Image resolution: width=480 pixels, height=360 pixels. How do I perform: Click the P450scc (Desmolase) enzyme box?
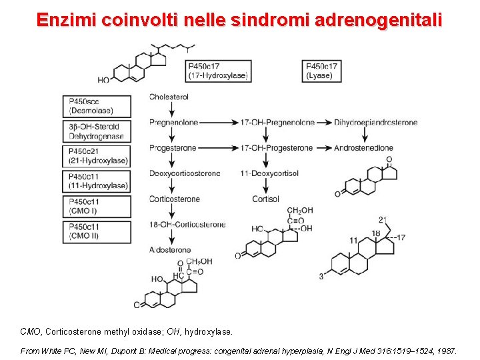[99, 105]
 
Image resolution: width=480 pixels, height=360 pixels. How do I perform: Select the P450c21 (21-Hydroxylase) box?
[99, 156]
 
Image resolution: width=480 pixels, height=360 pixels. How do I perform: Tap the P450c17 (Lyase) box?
[322, 71]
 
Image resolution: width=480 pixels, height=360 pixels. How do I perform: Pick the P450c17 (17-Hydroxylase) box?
[218, 71]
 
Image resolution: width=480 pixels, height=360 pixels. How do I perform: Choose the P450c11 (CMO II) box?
[99, 231]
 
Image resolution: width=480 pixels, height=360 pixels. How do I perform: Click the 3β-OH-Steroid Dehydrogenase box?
[99, 131]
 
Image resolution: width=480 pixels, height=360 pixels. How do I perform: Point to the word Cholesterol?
[169, 97]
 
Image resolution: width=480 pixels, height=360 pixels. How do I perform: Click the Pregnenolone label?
[172, 123]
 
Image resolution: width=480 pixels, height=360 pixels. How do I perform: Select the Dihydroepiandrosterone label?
[376, 123]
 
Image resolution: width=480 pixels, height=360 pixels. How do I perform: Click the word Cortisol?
[265, 199]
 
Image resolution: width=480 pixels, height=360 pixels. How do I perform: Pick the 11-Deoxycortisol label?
[269, 173]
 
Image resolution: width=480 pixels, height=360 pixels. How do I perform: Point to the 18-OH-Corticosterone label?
[187, 225]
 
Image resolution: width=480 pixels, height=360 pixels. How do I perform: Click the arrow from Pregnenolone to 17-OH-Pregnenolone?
[217, 123]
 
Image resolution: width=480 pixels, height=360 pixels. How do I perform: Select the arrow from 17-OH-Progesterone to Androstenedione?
[323, 148]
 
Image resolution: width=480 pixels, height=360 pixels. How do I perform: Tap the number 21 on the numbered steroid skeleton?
[382, 219]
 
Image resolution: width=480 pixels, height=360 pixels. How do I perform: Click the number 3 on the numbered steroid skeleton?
[321, 276]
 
